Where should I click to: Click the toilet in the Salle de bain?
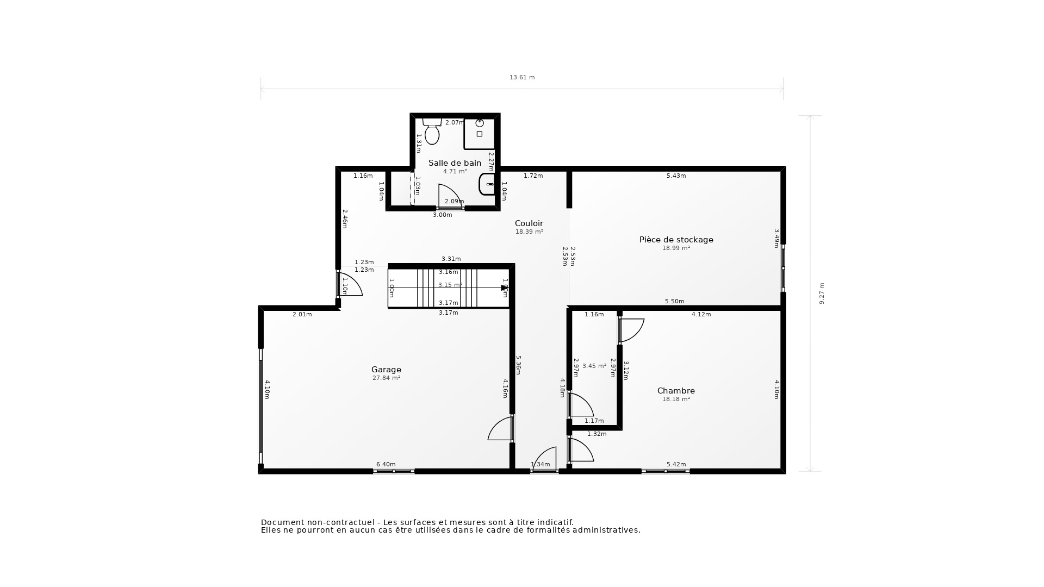432,132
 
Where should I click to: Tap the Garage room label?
386,370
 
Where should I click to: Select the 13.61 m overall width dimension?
522,77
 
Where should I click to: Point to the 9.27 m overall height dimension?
822,293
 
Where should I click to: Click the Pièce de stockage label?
676,240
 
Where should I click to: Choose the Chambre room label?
676,391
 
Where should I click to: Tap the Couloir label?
529,223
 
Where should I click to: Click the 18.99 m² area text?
676,248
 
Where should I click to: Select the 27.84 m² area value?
386,378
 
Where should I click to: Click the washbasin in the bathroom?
487,184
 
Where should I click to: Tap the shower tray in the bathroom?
479,134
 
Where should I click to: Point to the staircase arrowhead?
504,288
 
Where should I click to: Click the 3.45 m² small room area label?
594,366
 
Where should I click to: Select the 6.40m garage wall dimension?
386,464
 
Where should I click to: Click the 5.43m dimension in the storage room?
676,176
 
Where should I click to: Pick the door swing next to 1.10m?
351,284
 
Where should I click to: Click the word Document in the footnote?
282,522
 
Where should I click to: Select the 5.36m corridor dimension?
518,365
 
